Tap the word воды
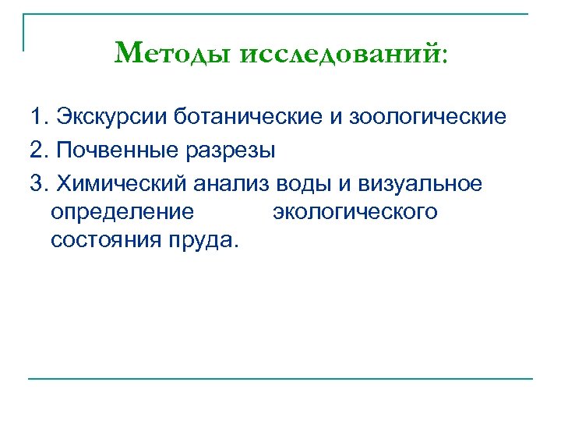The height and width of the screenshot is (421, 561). click(300, 183)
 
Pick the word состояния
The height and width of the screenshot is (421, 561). click(104, 239)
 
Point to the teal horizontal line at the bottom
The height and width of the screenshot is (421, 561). click(280, 379)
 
